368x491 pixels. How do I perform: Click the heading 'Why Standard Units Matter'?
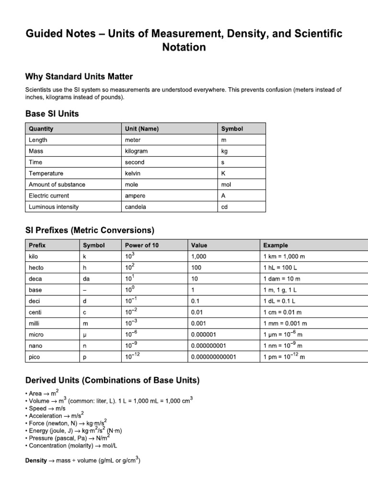pos(79,77)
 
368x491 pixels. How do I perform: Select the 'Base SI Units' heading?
pos(52,114)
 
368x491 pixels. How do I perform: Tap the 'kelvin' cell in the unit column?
pos(133,173)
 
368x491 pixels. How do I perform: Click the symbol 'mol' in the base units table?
pos(226,185)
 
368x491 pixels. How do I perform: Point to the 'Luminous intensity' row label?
pos(54,207)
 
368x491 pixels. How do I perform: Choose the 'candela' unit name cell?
pos(136,207)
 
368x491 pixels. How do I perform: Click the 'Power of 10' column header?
pos(142,245)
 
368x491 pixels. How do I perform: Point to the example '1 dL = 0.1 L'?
pos(279,301)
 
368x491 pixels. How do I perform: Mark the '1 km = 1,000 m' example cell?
pos(284,257)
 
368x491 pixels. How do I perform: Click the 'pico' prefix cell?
pos(35,357)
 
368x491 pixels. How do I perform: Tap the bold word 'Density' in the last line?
pos(36,461)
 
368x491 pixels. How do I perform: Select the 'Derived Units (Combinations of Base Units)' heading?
pos(112,381)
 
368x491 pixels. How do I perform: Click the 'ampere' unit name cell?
pos(135,196)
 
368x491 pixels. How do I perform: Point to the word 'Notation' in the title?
pos(184,47)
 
